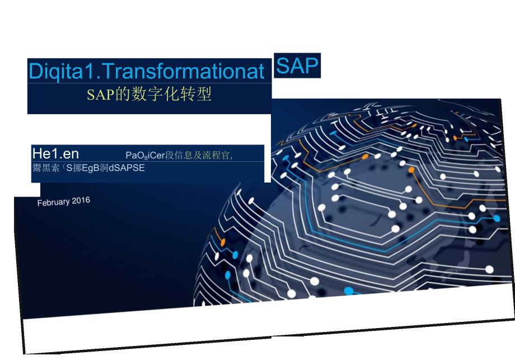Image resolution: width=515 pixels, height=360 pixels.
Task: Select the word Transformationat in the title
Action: [x=184, y=73]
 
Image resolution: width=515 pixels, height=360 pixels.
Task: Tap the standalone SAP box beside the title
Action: [x=297, y=66]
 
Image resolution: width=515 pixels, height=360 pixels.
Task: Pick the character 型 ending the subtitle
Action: [x=204, y=95]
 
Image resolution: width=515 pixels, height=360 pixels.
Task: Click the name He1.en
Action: [x=55, y=154]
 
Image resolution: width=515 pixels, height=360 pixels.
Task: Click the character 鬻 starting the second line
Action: [x=37, y=167]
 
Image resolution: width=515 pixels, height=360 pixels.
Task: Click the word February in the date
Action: [x=53, y=202]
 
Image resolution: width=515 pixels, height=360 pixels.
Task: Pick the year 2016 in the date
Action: [x=81, y=200]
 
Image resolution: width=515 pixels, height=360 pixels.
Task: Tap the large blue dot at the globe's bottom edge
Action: [x=349, y=291]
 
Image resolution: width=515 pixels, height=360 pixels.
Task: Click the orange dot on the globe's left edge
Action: [x=223, y=243]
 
